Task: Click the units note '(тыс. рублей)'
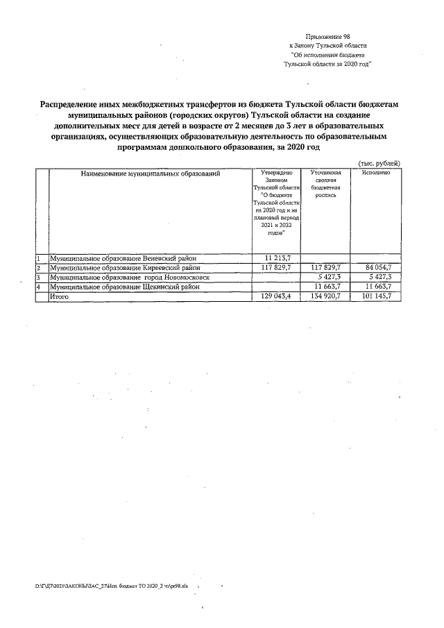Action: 379,162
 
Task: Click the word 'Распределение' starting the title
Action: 71,103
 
